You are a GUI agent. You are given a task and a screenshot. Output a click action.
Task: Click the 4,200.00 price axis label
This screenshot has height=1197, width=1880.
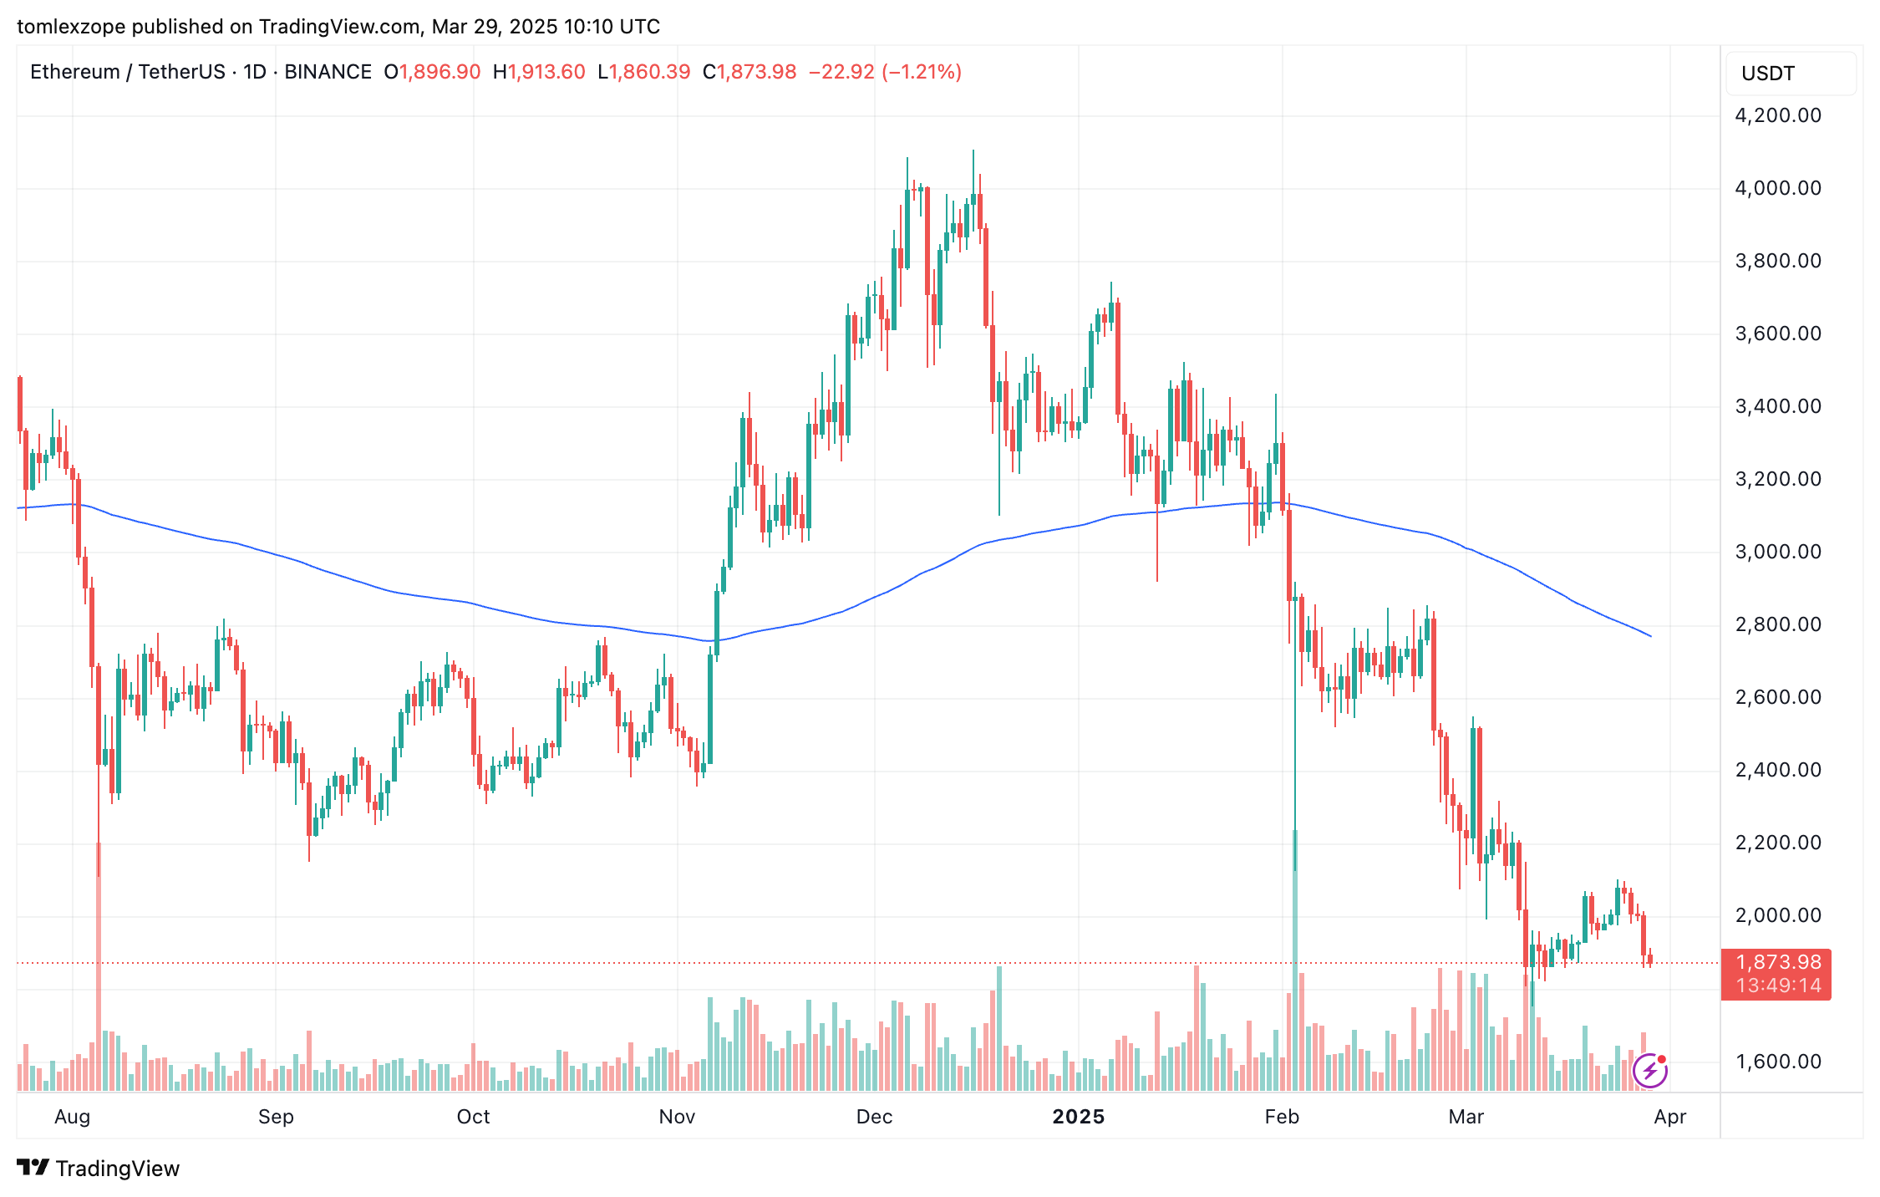click(1777, 115)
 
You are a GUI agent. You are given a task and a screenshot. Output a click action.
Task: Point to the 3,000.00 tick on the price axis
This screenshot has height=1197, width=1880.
click(1777, 552)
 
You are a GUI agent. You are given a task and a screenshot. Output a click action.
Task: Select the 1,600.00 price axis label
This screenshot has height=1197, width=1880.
click(1777, 1062)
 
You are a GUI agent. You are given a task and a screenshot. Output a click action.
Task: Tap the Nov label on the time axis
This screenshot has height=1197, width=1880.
click(677, 1117)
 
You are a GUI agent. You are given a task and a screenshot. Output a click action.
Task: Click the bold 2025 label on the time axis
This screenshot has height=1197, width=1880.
click(1078, 1117)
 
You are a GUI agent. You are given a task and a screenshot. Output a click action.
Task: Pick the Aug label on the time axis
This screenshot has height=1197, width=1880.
click(72, 1117)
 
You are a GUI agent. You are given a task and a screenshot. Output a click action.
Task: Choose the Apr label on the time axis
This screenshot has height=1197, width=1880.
click(1669, 1117)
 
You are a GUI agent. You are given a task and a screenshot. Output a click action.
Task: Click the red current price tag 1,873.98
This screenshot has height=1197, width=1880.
click(1777, 963)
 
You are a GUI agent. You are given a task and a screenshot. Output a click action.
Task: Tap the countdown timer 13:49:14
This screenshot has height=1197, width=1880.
click(1777, 986)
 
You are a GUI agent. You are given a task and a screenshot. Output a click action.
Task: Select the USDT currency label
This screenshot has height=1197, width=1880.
click(1767, 74)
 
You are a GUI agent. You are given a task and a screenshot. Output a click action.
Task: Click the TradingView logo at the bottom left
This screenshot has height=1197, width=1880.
click(98, 1168)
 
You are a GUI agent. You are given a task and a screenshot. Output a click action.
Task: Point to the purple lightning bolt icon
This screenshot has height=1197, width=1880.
click(1649, 1071)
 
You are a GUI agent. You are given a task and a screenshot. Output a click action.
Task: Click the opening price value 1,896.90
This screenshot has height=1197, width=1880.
click(440, 72)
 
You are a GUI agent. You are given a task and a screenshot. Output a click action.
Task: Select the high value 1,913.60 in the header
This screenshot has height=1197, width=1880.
click(546, 72)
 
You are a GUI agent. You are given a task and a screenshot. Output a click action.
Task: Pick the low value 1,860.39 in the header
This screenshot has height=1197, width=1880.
click(649, 72)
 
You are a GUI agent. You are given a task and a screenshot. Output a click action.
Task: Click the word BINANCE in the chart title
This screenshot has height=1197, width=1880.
click(328, 72)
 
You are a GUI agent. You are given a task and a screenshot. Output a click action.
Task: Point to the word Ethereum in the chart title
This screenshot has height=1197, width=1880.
click(74, 72)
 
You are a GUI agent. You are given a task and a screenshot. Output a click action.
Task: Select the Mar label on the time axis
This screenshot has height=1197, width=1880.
click(1466, 1117)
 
